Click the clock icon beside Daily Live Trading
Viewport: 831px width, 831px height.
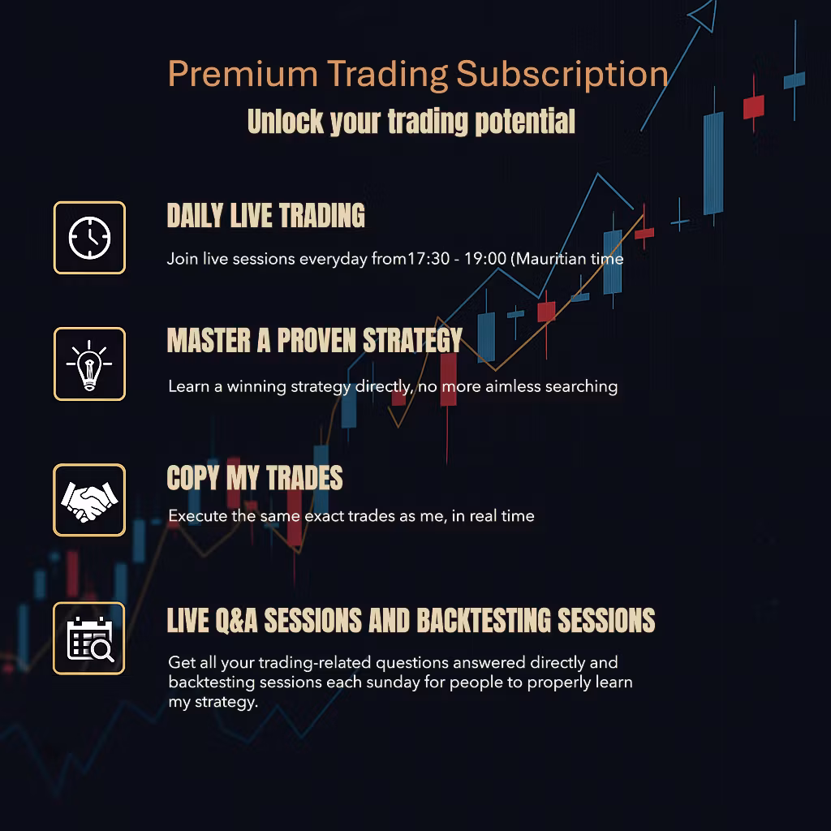pyautogui.click(x=89, y=238)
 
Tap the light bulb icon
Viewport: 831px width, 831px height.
pyautogui.click(x=89, y=364)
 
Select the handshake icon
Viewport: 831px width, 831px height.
pyautogui.click(x=89, y=500)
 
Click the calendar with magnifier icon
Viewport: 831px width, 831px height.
pyautogui.click(x=89, y=639)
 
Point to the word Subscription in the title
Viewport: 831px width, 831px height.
pyautogui.click(x=561, y=75)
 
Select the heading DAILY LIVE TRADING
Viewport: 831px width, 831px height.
pyautogui.click(x=265, y=216)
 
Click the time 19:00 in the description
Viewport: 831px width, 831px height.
pyautogui.click(x=485, y=260)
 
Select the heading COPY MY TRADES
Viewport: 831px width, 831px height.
pyautogui.click(x=255, y=478)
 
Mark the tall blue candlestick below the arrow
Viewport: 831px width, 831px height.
pyautogui.click(x=713, y=162)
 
